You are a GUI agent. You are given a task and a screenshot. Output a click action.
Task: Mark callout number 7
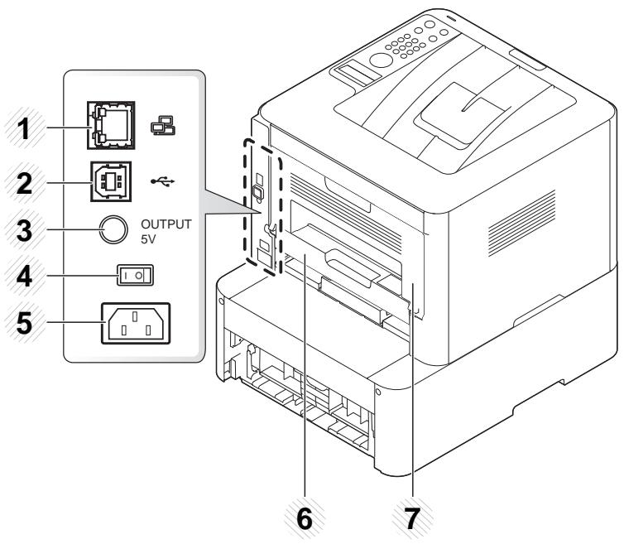point(412,521)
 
